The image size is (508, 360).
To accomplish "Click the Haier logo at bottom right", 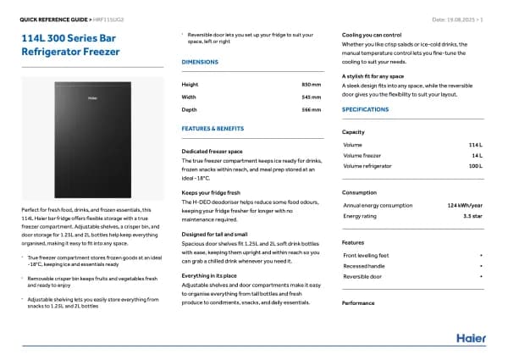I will point(471,338).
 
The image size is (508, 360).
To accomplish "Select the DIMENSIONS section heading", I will point(200,63).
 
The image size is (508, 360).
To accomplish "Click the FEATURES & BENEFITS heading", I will point(213,128).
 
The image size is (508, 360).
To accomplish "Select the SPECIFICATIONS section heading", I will point(365,109).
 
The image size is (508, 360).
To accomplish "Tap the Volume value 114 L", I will point(475,145).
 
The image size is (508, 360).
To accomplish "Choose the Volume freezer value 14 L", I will point(477,155).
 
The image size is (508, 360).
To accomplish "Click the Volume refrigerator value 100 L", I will point(475,165).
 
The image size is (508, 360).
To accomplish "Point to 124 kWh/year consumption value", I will point(465,205).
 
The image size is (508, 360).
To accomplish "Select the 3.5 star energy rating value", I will point(472,216).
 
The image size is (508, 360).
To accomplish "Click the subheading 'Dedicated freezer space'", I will point(212,151).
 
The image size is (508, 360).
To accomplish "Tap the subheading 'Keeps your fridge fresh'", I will point(211,192).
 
